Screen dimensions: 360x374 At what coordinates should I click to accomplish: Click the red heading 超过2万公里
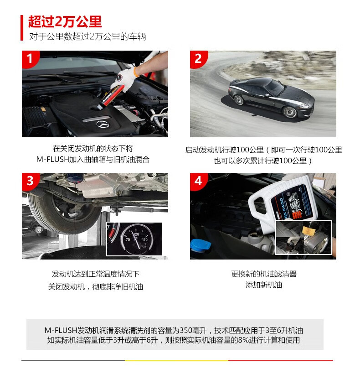pyautogui.click(x=65, y=22)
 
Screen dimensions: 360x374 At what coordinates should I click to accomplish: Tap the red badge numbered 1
pyautogui.click(x=30, y=59)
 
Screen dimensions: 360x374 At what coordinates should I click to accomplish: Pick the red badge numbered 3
pyautogui.click(x=30, y=181)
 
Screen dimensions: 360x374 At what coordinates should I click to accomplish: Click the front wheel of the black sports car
pyautogui.click(x=290, y=112)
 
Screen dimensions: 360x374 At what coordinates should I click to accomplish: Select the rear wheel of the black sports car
pyautogui.click(x=239, y=100)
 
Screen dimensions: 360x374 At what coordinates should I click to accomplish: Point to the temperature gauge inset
pyautogui.click(x=134, y=239)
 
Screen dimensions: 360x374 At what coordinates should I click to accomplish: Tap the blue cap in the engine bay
pyautogui.click(x=201, y=245)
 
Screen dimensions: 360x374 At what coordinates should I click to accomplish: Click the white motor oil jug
pyautogui.click(x=283, y=205)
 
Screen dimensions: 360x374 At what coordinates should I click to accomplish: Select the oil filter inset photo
pyautogui.click(x=304, y=238)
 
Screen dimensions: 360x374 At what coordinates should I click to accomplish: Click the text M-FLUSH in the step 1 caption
pyautogui.click(x=52, y=159)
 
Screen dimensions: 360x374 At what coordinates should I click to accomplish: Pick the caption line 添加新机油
pyautogui.click(x=264, y=285)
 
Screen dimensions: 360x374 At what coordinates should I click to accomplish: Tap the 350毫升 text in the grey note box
pyautogui.click(x=193, y=331)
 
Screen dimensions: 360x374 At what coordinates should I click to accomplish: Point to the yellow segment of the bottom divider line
pyautogui.click(x=176, y=361)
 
